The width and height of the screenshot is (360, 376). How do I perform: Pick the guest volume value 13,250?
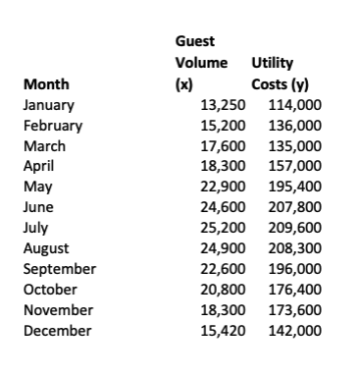click(x=222, y=105)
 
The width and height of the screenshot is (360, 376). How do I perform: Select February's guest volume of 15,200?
click(x=222, y=126)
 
